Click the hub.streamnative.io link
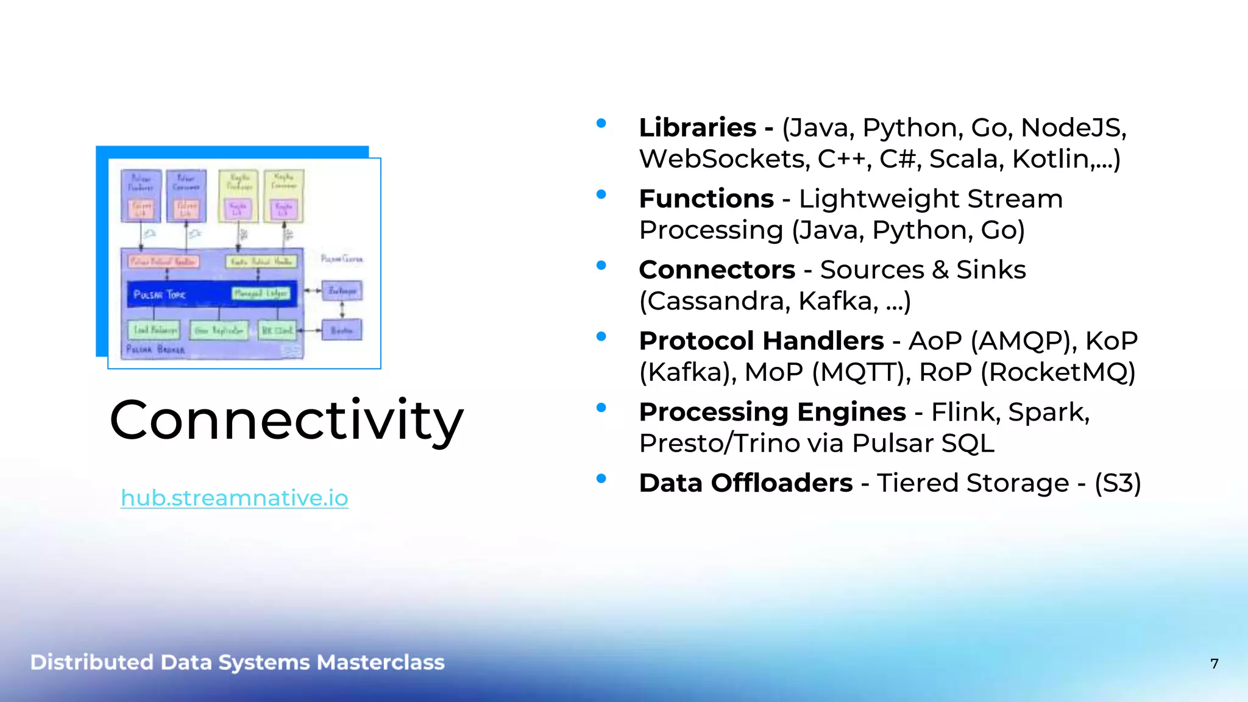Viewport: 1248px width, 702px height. point(234,498)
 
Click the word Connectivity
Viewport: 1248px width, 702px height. point(286,420)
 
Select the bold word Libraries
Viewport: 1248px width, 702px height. point(697,127)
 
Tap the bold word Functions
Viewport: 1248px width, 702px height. point(706,199)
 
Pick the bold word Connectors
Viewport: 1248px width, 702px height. point(717,269)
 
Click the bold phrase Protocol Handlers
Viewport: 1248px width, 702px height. point(761,341)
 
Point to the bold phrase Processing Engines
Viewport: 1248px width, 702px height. point(772,412)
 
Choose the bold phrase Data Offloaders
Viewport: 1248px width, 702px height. point(745,483)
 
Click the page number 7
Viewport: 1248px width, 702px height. point(1214,664)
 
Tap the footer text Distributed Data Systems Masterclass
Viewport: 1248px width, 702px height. point(237,662)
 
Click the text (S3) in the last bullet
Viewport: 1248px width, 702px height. point(1117,483)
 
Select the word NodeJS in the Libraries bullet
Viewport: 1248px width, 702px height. point(1072,127)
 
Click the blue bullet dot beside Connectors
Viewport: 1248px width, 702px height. point(601,265)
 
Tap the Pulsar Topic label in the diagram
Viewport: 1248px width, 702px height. point(159,295)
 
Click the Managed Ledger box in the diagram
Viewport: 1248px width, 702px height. point(261,294)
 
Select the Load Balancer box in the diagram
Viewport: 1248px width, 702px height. point(154,330)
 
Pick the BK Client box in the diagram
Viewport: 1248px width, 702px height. point(277,330)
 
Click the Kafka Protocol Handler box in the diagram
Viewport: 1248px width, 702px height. point(261,261)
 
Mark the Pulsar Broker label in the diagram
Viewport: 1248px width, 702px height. point(155,350)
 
